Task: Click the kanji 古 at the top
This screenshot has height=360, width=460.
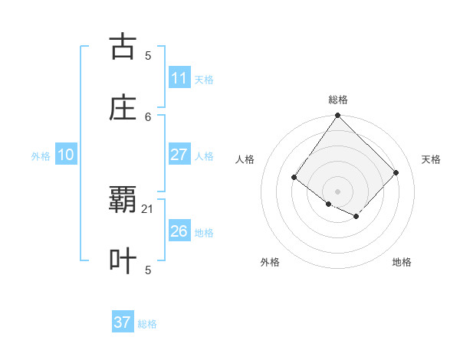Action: (123, 47)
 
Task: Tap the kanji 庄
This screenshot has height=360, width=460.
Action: (123, 108)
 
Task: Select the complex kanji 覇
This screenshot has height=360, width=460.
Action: (123, 200)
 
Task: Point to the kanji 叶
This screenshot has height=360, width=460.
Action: (123, 260)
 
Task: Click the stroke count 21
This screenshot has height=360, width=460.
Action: (148, 208)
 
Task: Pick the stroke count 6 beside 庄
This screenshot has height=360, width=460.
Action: (148, 116)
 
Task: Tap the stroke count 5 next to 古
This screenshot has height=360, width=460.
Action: (148, 55)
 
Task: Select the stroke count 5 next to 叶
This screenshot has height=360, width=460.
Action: (148, 270)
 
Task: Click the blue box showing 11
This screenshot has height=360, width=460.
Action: (179, 77)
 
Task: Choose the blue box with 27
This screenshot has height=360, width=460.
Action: (179, 155)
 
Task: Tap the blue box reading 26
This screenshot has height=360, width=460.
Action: (179, 231)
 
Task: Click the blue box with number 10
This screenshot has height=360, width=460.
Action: (65, 155)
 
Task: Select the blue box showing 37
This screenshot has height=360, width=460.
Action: (123, 322)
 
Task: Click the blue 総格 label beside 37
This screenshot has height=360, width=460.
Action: (147, 324)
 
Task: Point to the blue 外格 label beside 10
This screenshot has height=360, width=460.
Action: (41, 155)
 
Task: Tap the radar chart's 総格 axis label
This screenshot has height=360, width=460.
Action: (337, 100)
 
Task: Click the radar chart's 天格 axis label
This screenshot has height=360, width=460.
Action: (432, 159)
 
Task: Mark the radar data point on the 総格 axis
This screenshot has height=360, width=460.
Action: (337, 116)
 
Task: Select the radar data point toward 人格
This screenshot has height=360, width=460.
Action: (294, 178)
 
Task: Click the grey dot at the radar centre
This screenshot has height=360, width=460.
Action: (337, 191)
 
